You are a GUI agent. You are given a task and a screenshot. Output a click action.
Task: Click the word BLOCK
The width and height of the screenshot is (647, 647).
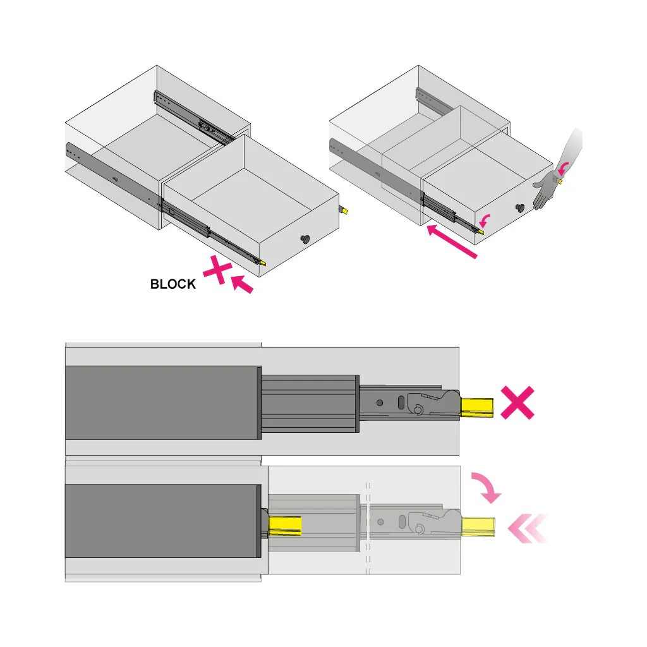coord(173,284)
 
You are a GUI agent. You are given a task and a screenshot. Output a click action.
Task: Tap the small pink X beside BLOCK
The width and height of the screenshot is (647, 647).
coord(217,270)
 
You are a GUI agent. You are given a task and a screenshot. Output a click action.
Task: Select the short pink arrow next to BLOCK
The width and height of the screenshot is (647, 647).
coord(242,285)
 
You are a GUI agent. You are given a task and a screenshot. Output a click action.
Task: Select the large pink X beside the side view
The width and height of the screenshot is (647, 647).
coord(517,403)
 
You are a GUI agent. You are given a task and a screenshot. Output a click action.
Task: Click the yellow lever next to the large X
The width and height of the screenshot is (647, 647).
coord(477,407)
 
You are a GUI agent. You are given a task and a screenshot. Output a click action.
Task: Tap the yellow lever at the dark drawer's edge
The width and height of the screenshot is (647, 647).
coord(285,526)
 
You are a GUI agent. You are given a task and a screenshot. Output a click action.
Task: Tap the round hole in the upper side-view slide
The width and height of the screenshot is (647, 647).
coord(380,402)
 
